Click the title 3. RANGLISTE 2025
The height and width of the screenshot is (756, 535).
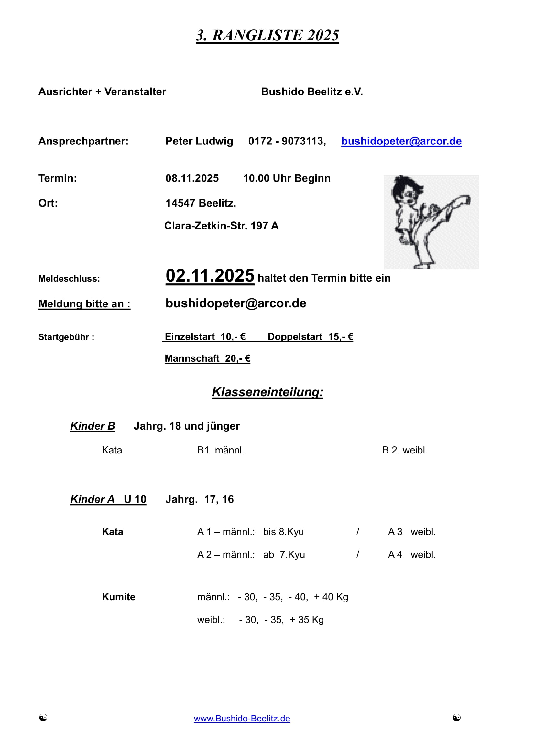[267, 36]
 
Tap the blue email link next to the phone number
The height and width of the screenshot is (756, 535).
[401, 141]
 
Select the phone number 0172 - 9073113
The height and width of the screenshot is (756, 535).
[287, 141]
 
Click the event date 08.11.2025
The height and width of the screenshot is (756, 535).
[192, 178]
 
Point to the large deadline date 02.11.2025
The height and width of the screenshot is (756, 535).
[210, 276]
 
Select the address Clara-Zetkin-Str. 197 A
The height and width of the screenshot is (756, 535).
[221, 226]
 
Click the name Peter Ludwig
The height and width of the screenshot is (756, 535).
[199, 141]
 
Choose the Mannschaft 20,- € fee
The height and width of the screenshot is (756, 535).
[207, 358]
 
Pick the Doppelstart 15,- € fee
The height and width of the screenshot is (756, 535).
[310, 337]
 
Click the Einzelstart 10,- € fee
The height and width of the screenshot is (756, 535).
[205, 337]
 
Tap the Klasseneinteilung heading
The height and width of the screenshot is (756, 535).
[267, 392]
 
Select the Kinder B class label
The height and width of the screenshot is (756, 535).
[93, 426]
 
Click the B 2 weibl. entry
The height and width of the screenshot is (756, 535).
[405, 450]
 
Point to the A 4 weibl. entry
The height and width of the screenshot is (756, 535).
[411, 555]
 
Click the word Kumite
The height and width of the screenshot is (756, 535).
[119, 597]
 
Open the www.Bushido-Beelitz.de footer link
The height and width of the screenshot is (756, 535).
[242, 719]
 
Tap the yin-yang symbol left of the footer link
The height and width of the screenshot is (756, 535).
[43, 718]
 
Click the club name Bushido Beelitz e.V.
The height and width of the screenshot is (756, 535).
[311, 91]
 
